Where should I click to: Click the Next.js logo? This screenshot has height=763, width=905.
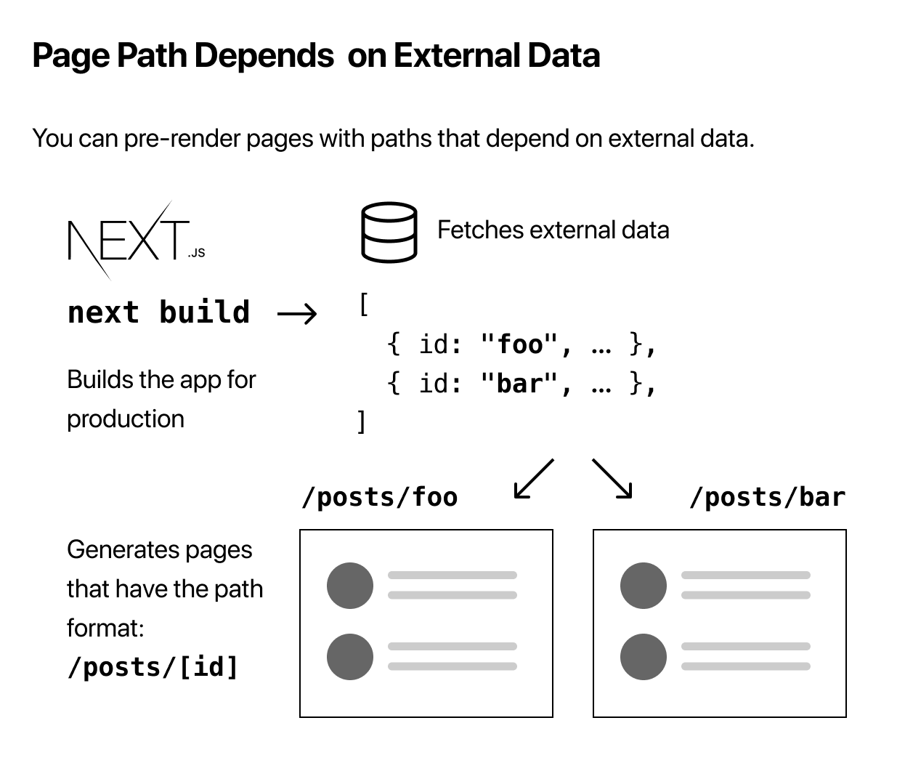click(x=136, y=241)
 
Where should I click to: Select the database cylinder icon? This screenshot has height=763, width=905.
click(x=389, y=232)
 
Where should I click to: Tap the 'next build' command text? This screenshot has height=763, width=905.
click(x=159, y=312)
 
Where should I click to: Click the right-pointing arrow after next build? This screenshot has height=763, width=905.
click(x=297, y=314)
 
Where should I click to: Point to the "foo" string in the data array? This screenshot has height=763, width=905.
click(x=519, y=344)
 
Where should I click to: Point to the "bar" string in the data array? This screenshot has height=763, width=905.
click(x=519, y=383)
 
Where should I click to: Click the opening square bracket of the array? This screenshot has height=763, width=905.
click(x=363, y=304)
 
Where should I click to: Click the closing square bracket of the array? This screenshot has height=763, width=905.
click(x=361, y=421)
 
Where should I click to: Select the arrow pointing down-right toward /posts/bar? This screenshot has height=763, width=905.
click(x=612, y=479)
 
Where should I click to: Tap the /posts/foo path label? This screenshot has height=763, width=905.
click(x=380, y=498)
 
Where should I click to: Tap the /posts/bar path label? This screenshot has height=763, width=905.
click(x=767, y=498)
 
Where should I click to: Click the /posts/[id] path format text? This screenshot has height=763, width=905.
click(x=153, y=667)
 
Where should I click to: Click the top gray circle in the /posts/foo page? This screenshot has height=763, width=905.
click(x=350, y=586)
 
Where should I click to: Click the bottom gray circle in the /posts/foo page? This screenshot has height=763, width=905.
click(x=350, y=657)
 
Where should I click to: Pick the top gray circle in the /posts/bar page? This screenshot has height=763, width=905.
click(x=644, y=586)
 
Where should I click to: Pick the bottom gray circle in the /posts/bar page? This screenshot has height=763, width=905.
click(x=644, y=657)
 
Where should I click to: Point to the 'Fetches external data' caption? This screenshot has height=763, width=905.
click(x=553, y=230)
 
